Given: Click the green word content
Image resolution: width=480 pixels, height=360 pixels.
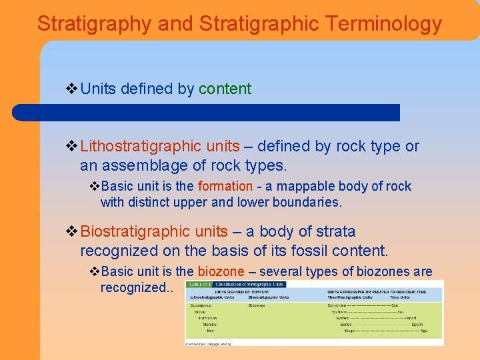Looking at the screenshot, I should click(x=225, y=89).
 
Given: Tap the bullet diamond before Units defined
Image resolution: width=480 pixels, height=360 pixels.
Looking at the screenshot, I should click(x=72, y=89).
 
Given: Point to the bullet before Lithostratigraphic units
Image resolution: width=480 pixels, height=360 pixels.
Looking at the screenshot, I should click(x=72, y=146).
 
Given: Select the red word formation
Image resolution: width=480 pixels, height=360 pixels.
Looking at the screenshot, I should click(x=225, y=187).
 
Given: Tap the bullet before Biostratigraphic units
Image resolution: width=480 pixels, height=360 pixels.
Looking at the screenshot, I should click(x=72, y=231).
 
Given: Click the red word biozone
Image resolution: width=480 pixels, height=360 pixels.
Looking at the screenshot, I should click(x=221, y=271).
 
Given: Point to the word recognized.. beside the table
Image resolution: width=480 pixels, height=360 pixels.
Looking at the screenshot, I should click(x=136, y=287).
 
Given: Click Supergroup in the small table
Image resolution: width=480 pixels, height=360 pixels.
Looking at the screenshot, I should click(x=201, y=305).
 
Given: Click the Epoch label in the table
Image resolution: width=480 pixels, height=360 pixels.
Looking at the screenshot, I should click(x=417, y=325).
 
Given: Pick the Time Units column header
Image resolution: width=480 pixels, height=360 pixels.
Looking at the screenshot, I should click(x=400, y=297).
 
